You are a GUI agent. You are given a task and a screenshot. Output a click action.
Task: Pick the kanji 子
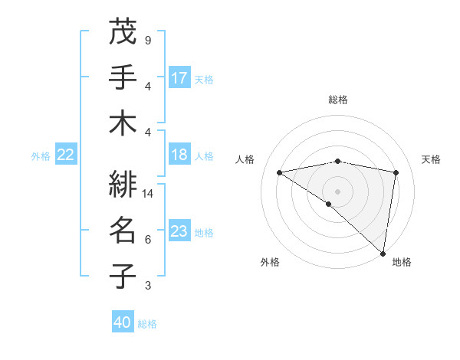(123, 276)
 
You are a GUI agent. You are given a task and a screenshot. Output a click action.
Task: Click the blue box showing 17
(179, 77)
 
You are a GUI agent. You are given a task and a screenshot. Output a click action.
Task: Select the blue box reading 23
(179, 231)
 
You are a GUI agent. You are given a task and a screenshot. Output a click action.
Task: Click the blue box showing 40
(123, 322)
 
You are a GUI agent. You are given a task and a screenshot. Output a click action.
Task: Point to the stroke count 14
(149, 194)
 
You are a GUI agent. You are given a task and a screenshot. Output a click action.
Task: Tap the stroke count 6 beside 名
(148, 240)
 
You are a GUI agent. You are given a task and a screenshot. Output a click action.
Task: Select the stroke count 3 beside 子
(148, 286)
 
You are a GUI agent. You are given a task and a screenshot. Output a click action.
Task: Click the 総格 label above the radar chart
(338, 100)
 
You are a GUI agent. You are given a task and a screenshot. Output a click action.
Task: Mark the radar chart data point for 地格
(383, 253)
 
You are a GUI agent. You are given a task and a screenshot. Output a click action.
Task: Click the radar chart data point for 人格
(280, 172)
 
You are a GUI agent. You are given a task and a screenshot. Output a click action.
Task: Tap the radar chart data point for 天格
(396, 172)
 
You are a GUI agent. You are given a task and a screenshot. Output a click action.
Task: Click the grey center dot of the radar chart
(338, 191)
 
